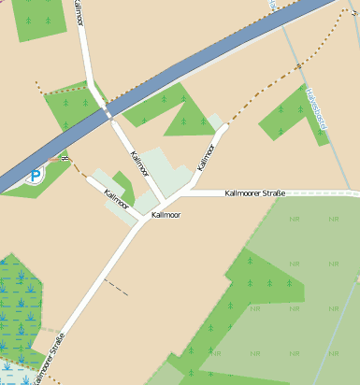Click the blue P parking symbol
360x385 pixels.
click(x=36, y=175)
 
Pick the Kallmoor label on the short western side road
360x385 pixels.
click(x=116, y=198)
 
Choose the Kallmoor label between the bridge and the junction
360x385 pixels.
click(x=140, y=164)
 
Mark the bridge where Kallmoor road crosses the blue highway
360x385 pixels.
click(x=105, y=110)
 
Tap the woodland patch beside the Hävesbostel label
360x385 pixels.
click(x=288, y=117)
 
